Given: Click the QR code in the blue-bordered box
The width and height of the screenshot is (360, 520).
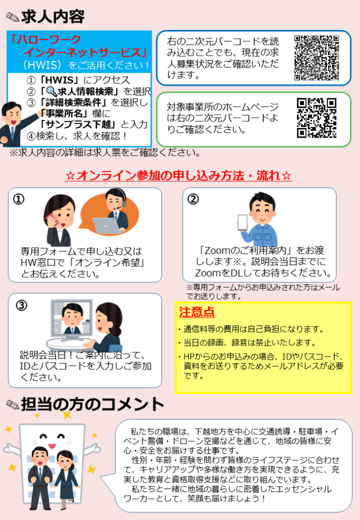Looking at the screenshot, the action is click(x=316, y=58).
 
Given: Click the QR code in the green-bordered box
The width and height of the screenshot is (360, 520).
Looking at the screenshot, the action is click(x=316, y=118).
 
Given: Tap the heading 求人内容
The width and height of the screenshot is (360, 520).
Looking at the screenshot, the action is click(x=53, y=17).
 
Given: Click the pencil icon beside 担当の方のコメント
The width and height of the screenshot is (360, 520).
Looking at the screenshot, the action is click(x=13, y=404).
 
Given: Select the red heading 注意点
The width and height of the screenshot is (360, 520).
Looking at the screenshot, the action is click(x=197, y=312).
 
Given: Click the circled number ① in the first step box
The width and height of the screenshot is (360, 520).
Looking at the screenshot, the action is click(x=19, y=199).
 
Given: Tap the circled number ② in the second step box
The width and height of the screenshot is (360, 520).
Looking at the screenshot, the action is click(x=193, y=199).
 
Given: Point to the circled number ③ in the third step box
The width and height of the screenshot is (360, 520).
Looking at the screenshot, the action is click(x=22, y=305).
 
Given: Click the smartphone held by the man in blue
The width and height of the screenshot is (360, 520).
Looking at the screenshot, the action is click(x=243, y=223).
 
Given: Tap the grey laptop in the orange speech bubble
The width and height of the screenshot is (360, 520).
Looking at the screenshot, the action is click(x=106, y=225).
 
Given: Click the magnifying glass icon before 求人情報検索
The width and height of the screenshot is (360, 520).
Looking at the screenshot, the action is click(x=51, y=91).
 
